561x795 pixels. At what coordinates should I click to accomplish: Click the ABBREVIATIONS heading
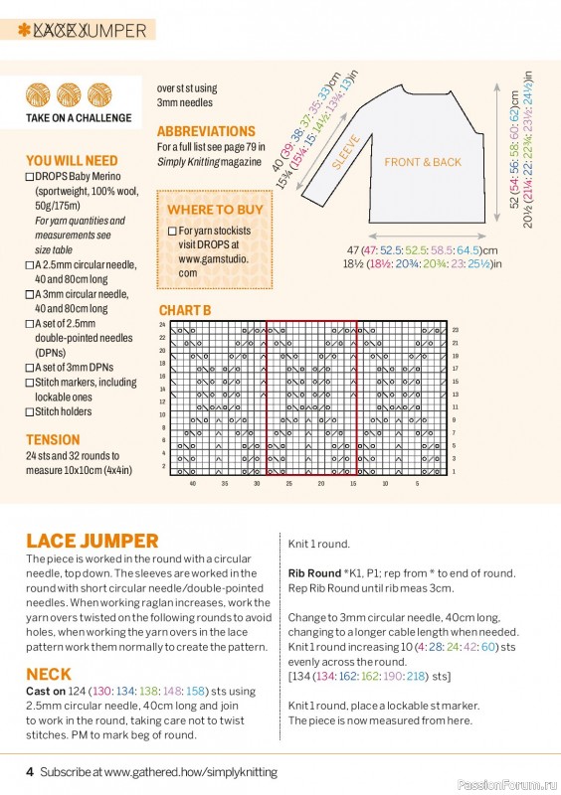click(206, 131)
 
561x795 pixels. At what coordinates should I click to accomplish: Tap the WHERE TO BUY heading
click(215, 210)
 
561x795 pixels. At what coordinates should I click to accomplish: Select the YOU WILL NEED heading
click(72, 160)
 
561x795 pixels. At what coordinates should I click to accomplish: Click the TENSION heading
click(54, 439)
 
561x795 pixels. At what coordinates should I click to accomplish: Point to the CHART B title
click(185, 310)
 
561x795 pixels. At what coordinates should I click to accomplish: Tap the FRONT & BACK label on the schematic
click(423, 162)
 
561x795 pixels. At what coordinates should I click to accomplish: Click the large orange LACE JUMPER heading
click(93, 541)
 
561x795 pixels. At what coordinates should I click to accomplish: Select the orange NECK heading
click(48, 674)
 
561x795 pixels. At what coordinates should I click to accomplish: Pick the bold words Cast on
click(47, 691)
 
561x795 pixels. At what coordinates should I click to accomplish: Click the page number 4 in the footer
click(30, 771)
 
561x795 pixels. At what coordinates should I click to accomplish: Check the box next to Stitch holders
click(30, 411)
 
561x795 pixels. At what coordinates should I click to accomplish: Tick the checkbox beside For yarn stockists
click(172, 231)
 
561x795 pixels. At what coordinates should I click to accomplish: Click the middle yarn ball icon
click(69, 94)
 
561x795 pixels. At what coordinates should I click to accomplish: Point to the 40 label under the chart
click(192, 483)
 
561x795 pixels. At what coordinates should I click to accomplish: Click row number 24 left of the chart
click(163, 325)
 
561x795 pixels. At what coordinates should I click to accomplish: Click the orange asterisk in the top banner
click(23, 31)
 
